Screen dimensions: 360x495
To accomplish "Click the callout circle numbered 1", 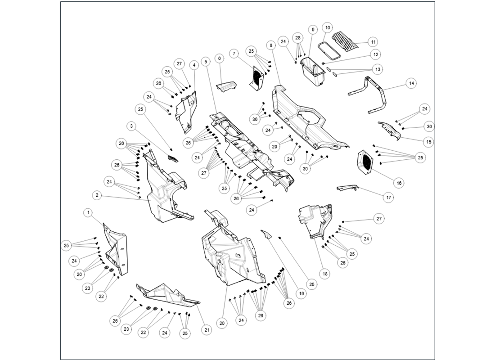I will tap(89, 211).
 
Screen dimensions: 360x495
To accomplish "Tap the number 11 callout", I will tap(373, 42).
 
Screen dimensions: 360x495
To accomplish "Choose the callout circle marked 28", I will tap(297, 37).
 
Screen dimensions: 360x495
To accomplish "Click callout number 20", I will tap(222, 323).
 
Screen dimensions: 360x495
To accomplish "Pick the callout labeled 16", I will tap(399, 183).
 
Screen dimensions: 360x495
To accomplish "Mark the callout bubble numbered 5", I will tap(205, 62).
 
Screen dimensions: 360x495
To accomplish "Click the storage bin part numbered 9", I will tap(313, 72).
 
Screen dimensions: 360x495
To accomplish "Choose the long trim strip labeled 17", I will tap(347, 188).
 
